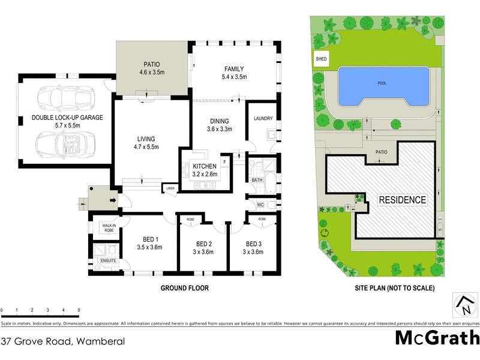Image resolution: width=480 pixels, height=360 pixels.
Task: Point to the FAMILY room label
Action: pos(234,73)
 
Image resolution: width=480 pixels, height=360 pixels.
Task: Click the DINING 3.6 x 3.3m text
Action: pos(220,125)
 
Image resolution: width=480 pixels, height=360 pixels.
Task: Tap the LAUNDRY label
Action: pos(263,118)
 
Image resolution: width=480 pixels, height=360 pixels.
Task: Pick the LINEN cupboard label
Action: pos(171,189)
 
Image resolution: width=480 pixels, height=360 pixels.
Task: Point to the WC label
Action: pos(260,205)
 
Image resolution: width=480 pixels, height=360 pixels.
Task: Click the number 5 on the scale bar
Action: pos(79,310)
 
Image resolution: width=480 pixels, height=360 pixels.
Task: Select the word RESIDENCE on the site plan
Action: pos(401,200)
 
